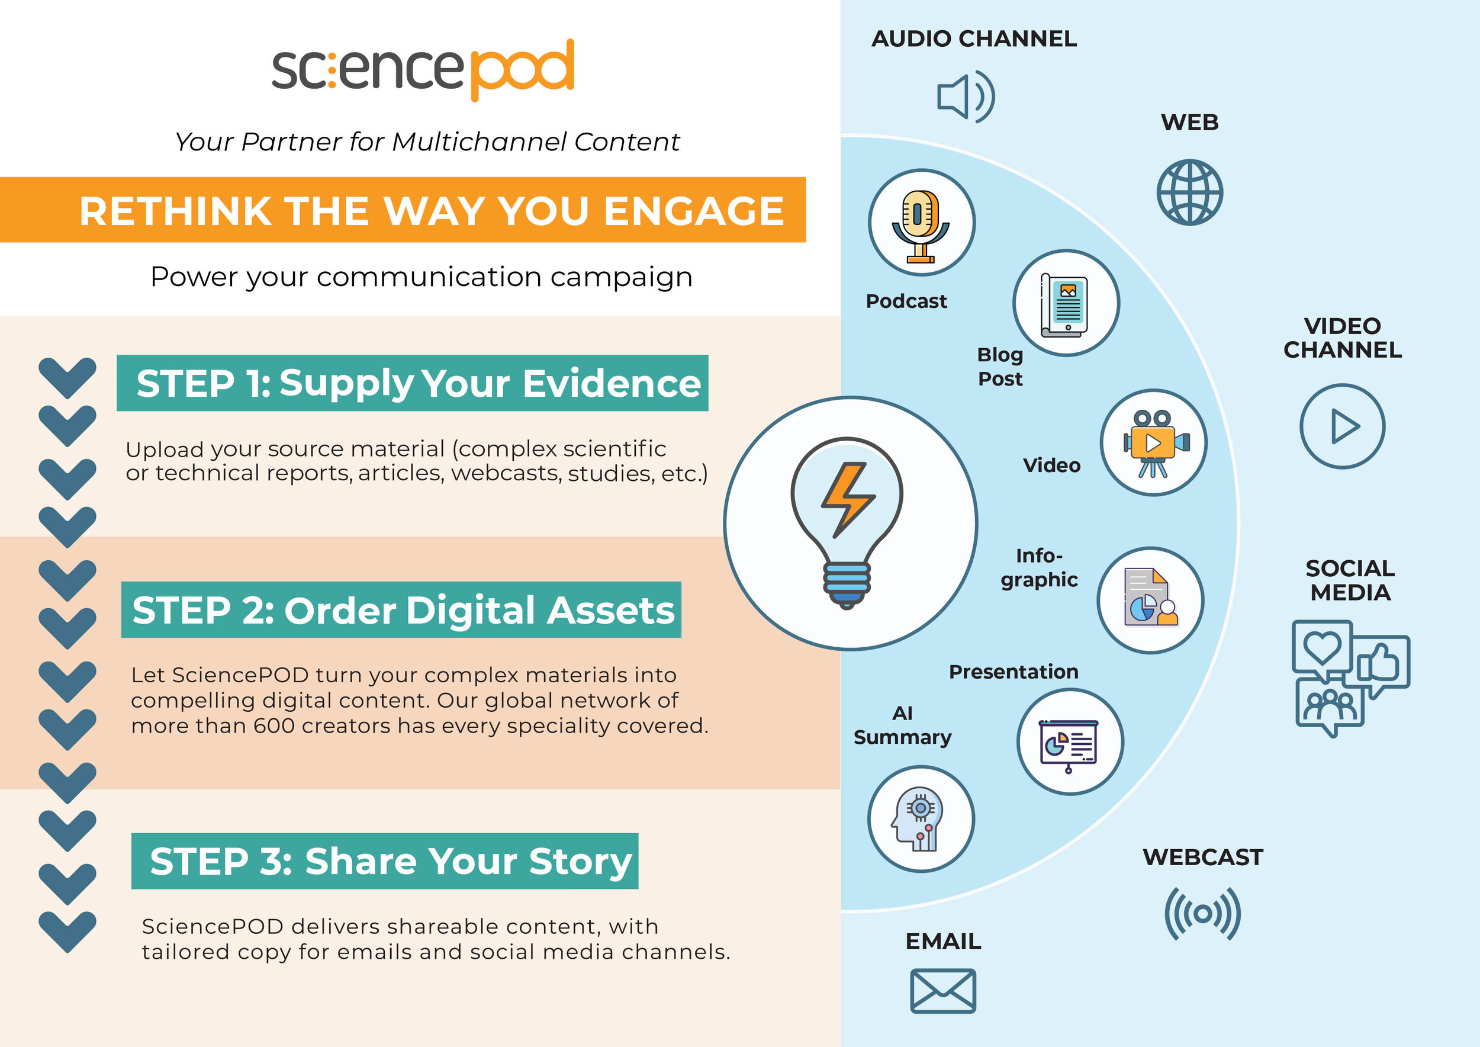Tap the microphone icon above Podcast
[x=921, y=226]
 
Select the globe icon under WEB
[x=1189, y=192]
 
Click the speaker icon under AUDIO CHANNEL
[x=966, y=97]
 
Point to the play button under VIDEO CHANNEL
[x=1343, y=426]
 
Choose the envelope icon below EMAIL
[x=943, y=991]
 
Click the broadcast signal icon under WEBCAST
[x=1203, y=914]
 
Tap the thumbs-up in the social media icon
[x=1378, y=662]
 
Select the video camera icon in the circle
[x=1154, y=444]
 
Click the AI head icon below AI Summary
[x=919, y=819]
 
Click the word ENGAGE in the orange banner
[x=694, y=211]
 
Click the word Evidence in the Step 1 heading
[x=611, y=384]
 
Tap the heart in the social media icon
[x=1322, y=647]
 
